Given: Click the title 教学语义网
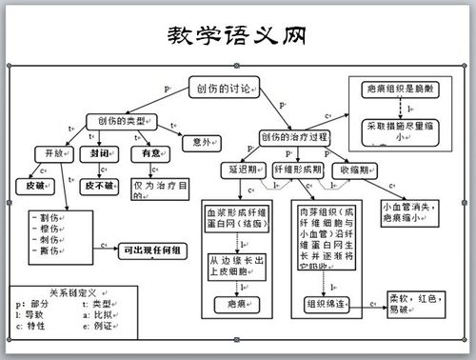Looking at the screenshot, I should click(x=237, y=37).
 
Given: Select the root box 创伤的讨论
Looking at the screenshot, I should click(x=223, y=89).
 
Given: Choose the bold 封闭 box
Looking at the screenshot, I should click(x=100, y=152).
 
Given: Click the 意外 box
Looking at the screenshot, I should click(x=200, y=141).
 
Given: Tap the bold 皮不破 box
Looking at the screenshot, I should click(x=99, y=185).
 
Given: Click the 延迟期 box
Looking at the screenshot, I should click(x=245, y=169).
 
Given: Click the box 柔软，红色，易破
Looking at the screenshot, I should click(x=414, y=304).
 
